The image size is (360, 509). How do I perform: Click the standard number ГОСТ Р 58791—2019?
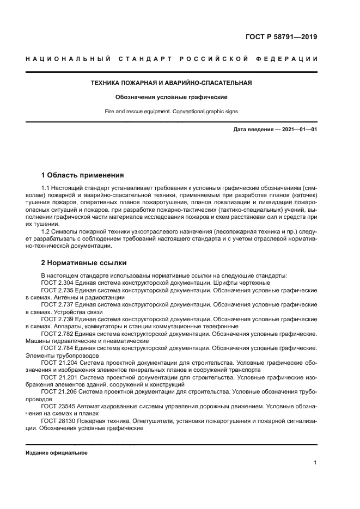[x=282, y=38]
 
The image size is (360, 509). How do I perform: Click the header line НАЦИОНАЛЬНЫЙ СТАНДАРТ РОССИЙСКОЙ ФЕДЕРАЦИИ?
[x=172, y=59]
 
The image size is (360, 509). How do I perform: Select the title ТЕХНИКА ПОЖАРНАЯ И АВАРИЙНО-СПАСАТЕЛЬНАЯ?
[x=171, y=83]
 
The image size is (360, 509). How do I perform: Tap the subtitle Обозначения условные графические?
[x=171, y=97]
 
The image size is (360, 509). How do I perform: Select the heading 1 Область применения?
[x=82, y=175]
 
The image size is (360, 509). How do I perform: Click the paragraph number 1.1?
[x=46, y=188]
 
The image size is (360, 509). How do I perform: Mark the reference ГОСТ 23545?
[x=59, y=406]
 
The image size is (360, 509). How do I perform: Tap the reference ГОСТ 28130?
[x=59, y=420]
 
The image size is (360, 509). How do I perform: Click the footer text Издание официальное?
[x=57, y=453]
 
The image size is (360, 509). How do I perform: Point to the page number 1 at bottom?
[x=315, y=463]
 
